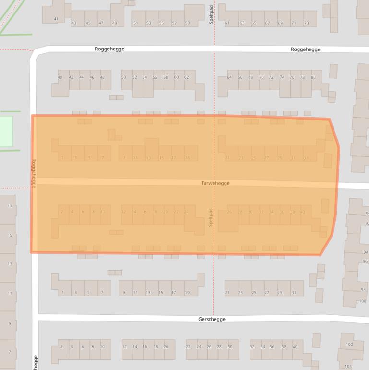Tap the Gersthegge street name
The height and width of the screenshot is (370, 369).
click(x=212, y=319)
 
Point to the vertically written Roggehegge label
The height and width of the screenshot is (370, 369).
click(x=34, y=173)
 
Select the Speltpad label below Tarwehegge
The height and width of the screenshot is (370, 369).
click(x=210, y=217)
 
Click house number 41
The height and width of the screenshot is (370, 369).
click(x=56, y=19)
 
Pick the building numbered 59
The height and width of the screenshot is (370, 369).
click(x=187, y=23)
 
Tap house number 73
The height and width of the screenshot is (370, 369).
click(x=307, y=23)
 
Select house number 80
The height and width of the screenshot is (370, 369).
click(x=313, y=77)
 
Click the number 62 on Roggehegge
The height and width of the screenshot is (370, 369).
click(x=187, y=77)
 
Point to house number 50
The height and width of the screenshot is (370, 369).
click(x=124, y=77)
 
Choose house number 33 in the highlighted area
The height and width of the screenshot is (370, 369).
click(x=306, y=158)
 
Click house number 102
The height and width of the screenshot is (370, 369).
click(x=349, y=345)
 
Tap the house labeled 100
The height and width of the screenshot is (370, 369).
click(x=362, y=301)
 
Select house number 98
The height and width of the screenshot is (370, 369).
click(x=363, y=290)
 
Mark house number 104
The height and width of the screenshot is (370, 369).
click(x=348, y=366)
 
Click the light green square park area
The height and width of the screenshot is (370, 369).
click(x=5, y=131)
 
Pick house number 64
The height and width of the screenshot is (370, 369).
click(x=229, y=77)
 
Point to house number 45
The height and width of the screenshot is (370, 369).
click(x=88, y=23)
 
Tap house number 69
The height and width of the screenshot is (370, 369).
click(x=280, y=23)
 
